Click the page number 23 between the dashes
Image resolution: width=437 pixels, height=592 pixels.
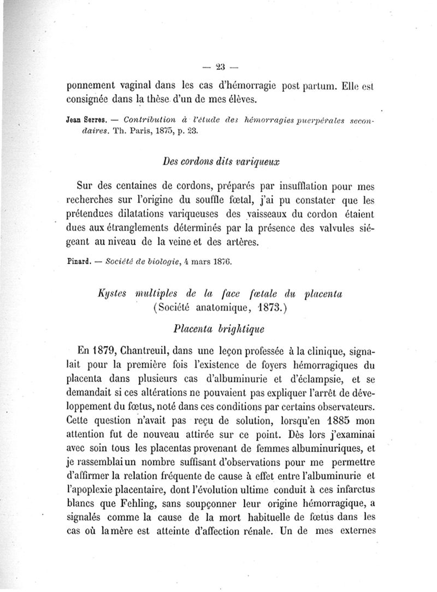220,68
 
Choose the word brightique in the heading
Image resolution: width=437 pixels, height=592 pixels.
240,330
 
